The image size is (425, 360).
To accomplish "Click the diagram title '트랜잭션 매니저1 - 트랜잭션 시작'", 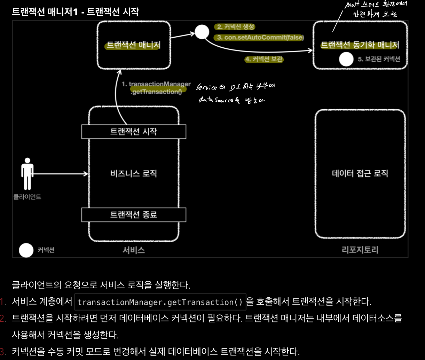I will tap(76, 11).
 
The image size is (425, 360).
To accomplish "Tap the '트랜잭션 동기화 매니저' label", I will tap(360, 45).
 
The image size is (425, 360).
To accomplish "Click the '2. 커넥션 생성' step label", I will tap(236, 27).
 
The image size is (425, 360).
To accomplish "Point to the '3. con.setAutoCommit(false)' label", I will tap(260, 37).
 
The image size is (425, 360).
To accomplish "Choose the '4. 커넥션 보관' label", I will tap(264, 60).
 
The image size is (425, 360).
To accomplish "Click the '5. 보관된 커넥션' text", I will tap(379, 59).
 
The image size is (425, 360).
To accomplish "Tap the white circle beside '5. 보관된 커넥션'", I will tap(346, 59).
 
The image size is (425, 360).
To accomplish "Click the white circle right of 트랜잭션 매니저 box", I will tap(202, 32).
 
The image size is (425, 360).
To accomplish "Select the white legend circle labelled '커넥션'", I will tap(26, 250).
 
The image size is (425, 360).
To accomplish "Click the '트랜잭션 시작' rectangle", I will tap(134, 132).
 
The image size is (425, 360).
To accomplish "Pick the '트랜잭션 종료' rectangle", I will tap(134, 214).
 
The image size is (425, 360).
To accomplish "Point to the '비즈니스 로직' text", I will tap(134, 173).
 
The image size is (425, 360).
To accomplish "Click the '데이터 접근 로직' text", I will tap(360, 173).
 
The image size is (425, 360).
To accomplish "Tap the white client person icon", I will tap(27, 173).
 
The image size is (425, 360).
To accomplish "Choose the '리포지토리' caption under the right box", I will tap(360, 250).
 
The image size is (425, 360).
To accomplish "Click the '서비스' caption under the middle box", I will tap(134, 250).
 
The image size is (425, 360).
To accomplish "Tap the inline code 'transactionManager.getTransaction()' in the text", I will tap(160, 302).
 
